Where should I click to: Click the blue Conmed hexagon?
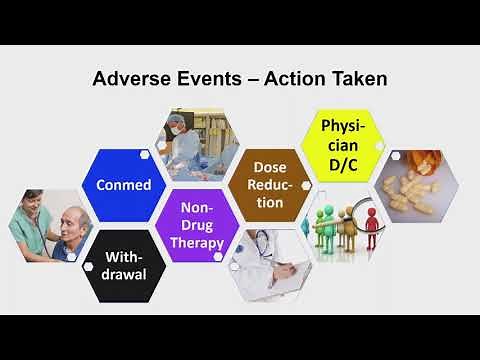[x=123, y=184]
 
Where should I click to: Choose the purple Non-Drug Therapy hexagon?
[x=196, y=225]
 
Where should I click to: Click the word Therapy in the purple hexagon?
[x=196, y=243]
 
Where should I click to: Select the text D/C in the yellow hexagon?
[x=343, y=162]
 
